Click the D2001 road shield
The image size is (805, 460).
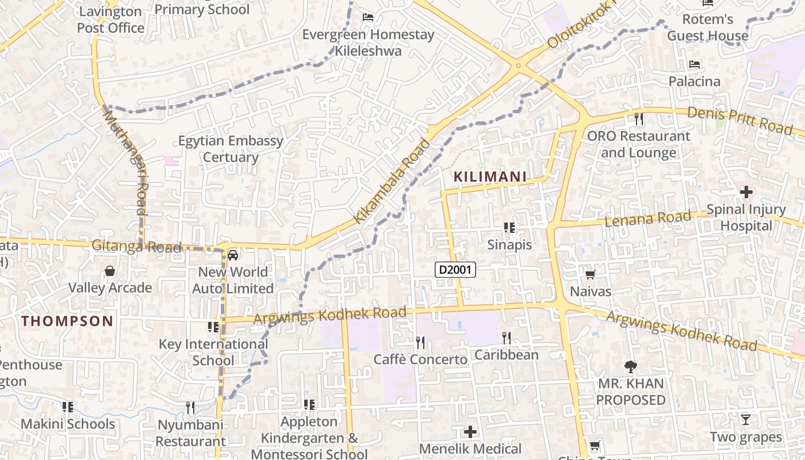[455, 269]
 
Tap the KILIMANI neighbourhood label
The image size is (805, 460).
[490, 177]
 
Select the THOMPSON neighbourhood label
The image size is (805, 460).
[68, 321]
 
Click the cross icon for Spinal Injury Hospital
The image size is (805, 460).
[746, 192]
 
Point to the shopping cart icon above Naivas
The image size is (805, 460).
[590, 275]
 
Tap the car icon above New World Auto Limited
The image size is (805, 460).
[233, 255]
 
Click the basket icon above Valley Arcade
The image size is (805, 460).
[110, 271]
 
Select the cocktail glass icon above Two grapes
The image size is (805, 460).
[745, 420]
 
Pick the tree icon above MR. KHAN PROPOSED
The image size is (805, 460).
[631, 366]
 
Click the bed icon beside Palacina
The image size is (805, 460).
[695, 64]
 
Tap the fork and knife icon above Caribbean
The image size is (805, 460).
[506, 338]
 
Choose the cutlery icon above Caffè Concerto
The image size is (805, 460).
[420, 343]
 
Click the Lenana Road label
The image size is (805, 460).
[647, 218]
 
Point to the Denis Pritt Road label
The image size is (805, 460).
[740, 120]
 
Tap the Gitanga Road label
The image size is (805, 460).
[137, 247]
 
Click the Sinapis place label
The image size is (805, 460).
[509, 244]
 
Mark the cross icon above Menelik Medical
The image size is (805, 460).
[470, 432]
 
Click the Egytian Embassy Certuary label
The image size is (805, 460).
[231, 149]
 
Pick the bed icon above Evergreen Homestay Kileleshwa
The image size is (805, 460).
[368, 17]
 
